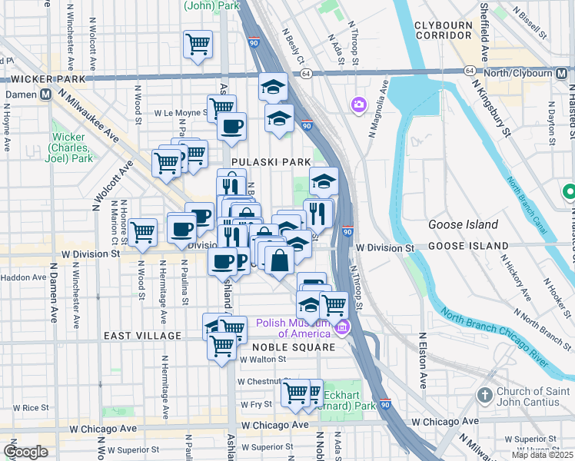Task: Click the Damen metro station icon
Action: click(45, 95)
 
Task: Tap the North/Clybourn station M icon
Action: click(563, 74)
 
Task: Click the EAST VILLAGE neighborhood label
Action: click(142, 336)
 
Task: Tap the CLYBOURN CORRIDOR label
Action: click(443, 31)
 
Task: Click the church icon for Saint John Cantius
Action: click(484, 395)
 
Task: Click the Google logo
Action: click(25, 452)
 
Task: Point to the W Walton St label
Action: click(263, 358)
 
